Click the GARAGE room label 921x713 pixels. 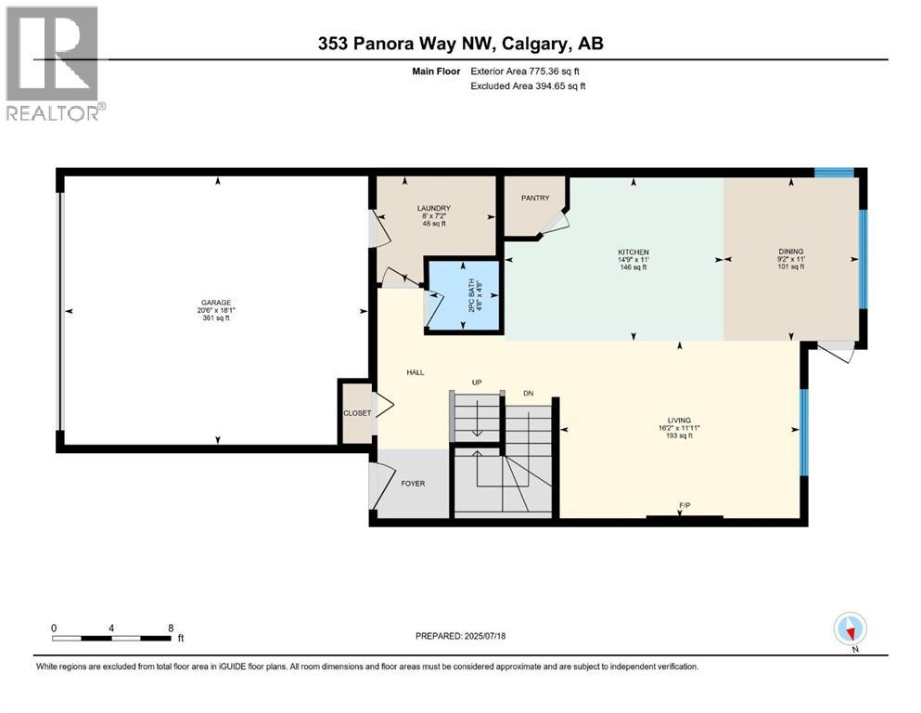215,303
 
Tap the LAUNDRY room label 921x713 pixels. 433,208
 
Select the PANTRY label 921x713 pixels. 535,198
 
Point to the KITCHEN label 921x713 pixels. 633,253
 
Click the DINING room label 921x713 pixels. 790,252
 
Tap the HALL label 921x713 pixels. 416,372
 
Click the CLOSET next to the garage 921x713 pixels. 357,413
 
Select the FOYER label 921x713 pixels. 413,483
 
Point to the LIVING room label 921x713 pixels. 679,421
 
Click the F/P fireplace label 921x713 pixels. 684,506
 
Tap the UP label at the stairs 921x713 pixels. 477,382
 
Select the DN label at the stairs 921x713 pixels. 528,394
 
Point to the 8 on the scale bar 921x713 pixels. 171,628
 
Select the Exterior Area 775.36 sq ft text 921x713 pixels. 525,71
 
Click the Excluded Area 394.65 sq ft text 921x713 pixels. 528,85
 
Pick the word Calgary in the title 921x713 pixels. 536,44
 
